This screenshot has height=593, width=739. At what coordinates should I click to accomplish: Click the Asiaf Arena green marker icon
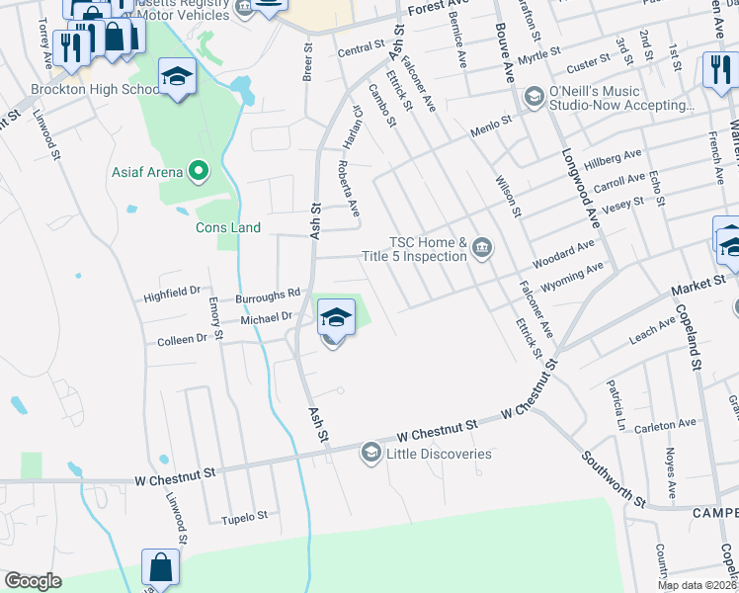coord(198,172)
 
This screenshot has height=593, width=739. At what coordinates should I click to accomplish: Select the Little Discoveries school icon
coord(370,453)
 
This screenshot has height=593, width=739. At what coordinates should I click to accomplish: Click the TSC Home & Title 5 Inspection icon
coord(481,246)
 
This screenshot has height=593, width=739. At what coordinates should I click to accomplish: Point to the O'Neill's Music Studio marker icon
coord(534,96)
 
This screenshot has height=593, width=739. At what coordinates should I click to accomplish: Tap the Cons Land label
coord(227,228)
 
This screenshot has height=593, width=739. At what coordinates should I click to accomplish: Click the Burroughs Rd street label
coord(267,295)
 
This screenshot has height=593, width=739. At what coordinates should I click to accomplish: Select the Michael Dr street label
coord(267,317)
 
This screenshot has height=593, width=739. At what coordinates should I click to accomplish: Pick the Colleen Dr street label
coord(182,339)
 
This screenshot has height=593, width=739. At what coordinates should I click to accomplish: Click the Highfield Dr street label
coord(173,292)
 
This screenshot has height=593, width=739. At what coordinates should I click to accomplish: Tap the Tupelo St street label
coord(244,517)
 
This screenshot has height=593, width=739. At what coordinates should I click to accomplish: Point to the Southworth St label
coord(613,480)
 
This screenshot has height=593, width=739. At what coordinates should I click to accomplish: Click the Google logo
coord(33,580)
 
